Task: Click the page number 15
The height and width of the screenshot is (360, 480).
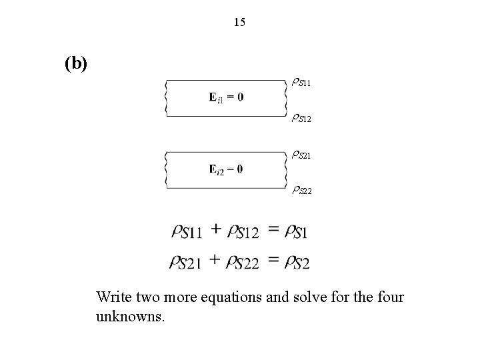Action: pos(240,23)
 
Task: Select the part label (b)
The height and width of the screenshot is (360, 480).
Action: pos(76,63)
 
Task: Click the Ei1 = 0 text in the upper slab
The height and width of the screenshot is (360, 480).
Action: pos(226,97)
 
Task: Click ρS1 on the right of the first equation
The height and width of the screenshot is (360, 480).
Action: pos(295,232)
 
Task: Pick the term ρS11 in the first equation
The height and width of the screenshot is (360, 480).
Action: pos(187,232)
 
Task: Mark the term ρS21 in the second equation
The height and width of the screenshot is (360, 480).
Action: pos(188,261)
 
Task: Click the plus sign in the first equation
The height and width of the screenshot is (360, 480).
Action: pos(216,229)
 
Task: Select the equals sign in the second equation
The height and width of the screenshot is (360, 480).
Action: pos(273,259)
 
